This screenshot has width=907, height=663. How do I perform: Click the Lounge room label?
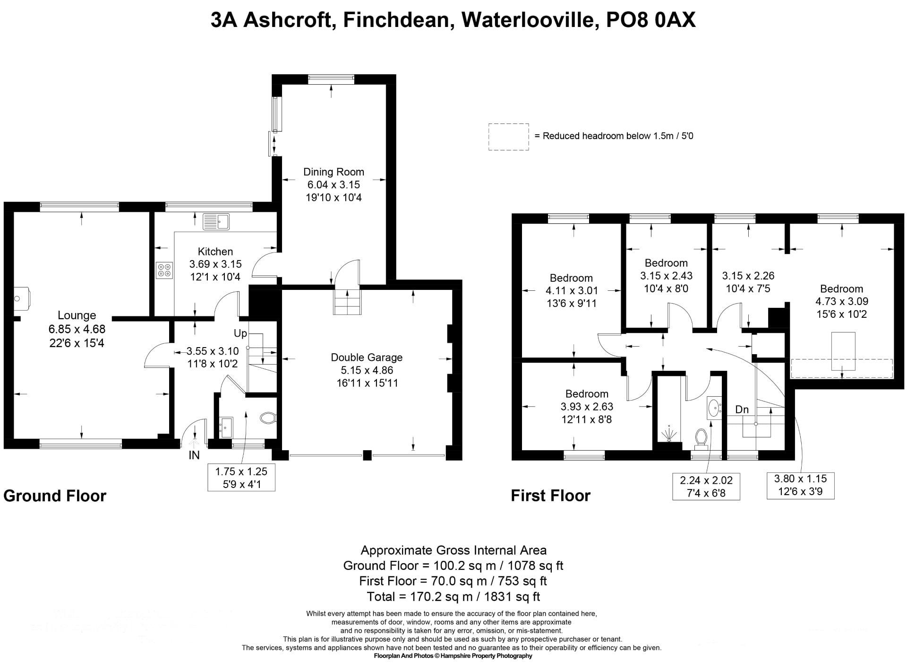click(x=77, y=315)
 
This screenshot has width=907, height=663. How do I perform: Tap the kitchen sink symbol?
click(x=216, y=221)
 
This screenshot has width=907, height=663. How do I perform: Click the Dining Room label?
click(x=334, y=172)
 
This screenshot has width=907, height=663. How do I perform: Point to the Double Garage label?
click(x=367, y=358)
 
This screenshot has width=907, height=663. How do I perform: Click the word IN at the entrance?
click(x=194, y=455)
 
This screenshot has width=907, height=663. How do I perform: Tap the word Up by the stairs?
click(x=240, y=333)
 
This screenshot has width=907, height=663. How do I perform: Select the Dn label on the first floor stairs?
click(x=742, y=410)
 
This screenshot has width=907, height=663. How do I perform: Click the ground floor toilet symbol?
click(x=268, y=418)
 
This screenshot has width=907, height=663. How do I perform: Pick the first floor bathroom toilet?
click(x=701, y=437)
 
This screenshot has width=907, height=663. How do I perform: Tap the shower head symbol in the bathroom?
click(x=669, y=433)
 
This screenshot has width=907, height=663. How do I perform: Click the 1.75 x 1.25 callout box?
click(x=241, y=478)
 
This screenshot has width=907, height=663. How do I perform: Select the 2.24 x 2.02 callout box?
click(x=706, y=487)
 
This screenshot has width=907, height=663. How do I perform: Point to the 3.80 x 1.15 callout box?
click(x=801, y=485)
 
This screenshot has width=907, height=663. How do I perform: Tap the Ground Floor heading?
click(x=55, y=496)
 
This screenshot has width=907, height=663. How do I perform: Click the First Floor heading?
click(x=551, y=496)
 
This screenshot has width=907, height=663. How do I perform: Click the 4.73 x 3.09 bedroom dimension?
click(x=842, y=301)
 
